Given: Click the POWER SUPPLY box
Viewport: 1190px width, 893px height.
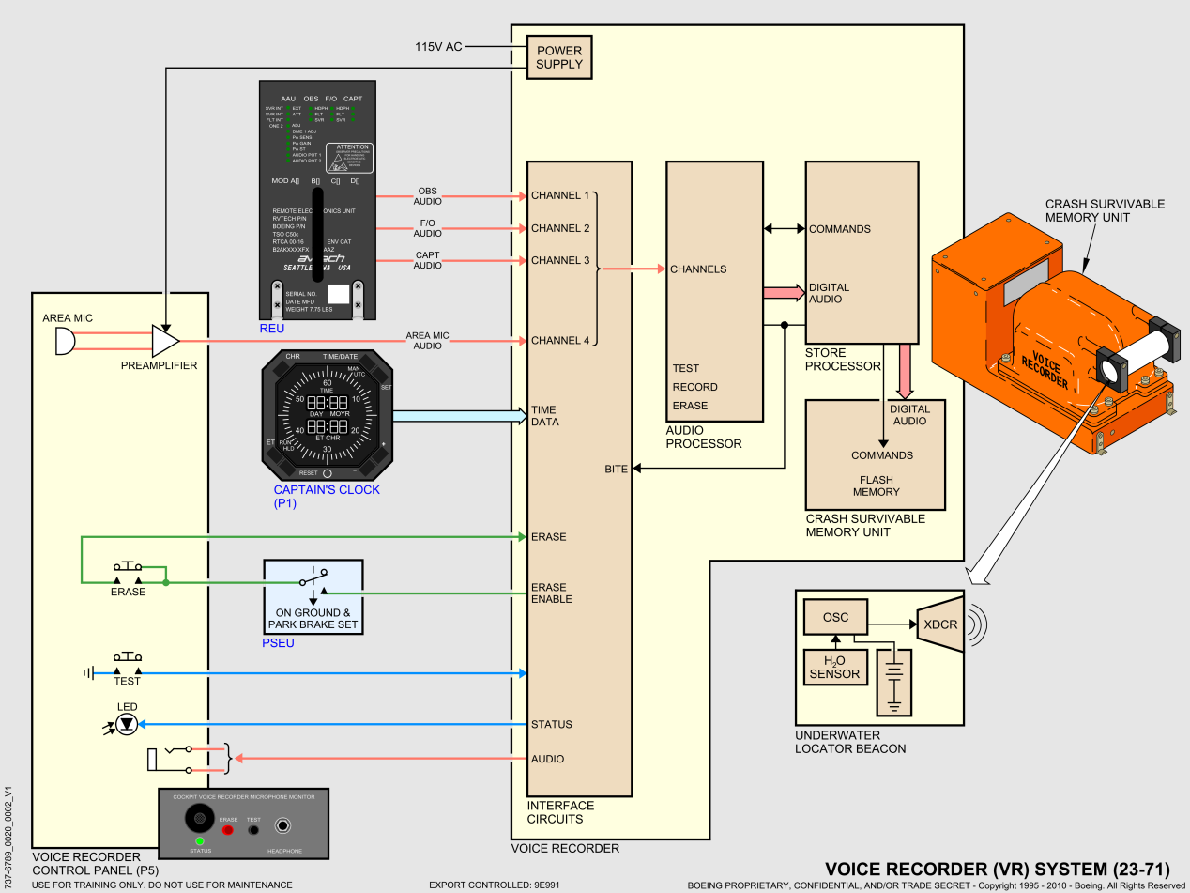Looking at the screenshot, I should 559,57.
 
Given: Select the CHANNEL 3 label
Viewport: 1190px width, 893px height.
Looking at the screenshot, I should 560,260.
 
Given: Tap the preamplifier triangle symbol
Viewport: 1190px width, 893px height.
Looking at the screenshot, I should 164,341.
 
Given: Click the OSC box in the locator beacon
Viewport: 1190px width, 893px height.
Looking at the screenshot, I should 835,617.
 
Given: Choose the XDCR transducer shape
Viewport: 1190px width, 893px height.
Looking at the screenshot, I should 939,624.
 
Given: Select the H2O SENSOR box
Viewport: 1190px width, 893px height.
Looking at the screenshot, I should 834,667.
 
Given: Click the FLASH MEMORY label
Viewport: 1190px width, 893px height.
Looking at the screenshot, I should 876,485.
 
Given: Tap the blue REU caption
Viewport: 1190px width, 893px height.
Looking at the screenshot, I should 271,330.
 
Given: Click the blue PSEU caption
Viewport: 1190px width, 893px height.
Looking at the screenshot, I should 279,643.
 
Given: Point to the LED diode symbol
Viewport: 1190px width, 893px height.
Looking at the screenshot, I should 127,723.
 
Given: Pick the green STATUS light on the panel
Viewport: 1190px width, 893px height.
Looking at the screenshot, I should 200,840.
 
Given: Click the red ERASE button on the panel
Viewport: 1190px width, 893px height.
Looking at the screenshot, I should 227,830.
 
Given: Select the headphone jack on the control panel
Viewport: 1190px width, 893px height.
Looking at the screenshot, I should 282,826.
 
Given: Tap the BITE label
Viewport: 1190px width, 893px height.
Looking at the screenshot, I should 616,468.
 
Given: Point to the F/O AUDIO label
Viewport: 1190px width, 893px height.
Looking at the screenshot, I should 427,228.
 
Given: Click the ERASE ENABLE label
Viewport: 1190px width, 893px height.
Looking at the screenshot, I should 551,593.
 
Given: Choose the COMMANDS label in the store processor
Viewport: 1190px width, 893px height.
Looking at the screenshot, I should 840,229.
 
